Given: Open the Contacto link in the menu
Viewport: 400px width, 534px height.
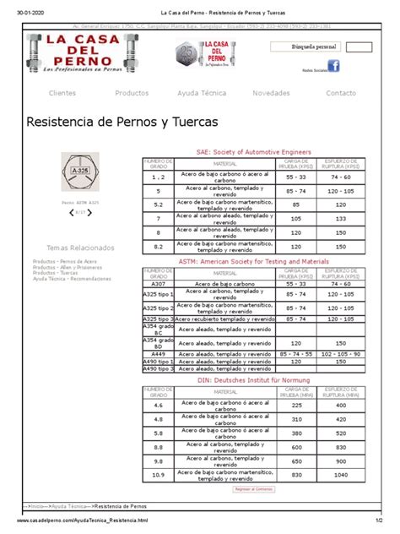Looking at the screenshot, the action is pos(341,92).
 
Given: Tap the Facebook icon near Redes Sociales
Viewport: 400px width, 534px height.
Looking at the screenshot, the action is pos(333,66).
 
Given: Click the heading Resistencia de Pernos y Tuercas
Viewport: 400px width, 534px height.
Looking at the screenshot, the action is pos(122,123).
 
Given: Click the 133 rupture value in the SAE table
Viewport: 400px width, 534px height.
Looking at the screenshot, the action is pos(342,218).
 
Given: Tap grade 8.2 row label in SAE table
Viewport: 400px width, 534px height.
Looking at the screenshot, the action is pos(158,247).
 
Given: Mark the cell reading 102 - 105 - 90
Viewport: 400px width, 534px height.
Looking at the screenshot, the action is pos(342,352).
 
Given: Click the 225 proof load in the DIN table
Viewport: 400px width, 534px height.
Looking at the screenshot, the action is pos(296,406).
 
